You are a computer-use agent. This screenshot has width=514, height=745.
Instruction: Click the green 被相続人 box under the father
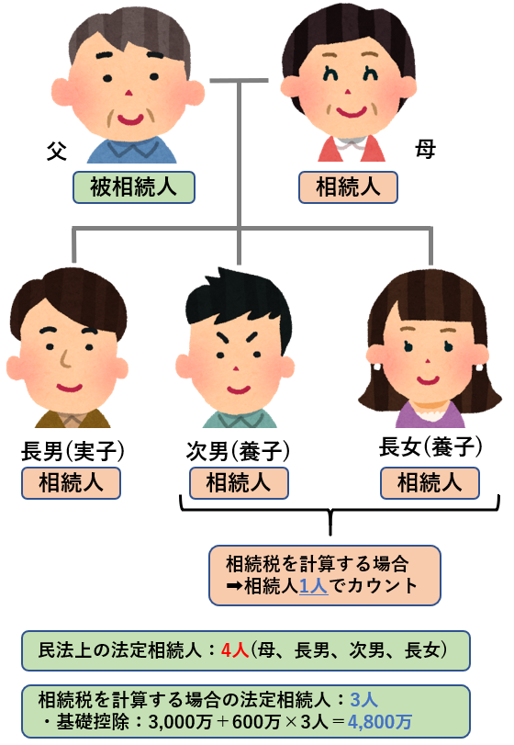click(134, 187)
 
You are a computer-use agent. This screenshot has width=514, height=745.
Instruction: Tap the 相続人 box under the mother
click(348, 187)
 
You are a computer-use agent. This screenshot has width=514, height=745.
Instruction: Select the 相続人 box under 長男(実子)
click(71, 482)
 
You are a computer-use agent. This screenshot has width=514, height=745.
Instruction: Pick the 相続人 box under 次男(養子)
click(239, 482)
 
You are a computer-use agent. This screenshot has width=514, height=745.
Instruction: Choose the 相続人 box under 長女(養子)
click(430, 482)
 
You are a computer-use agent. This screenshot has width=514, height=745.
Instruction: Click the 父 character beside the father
click(57, 151)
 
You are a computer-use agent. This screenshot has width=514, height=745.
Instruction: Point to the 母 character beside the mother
click(425, 148)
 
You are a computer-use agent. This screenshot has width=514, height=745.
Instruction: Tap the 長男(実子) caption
click(73, 450)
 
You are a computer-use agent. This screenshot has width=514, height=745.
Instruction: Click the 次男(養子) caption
click(238, 450)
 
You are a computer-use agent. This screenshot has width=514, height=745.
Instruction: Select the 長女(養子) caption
click(430, 446)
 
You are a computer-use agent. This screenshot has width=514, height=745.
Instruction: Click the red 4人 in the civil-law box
click(235, 650)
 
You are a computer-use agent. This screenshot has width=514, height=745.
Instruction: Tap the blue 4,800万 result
click(380, 722)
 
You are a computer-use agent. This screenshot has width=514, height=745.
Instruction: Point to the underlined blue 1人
click(314, 586)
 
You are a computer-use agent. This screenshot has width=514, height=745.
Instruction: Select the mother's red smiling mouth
click(352, 112)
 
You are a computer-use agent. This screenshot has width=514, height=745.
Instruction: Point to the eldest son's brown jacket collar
click(73, 418)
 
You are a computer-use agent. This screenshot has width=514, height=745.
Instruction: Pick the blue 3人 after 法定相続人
click(364, 700)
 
